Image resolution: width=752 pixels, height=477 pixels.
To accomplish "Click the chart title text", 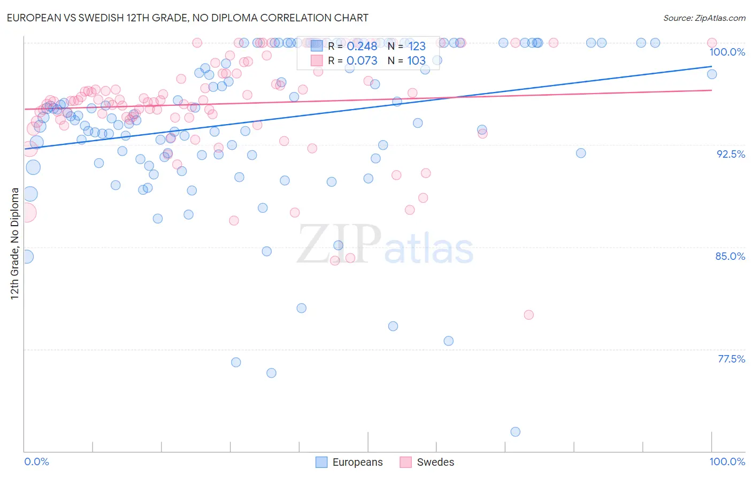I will tap(187, 18).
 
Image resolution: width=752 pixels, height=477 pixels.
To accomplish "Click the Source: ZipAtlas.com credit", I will tap(704, 18).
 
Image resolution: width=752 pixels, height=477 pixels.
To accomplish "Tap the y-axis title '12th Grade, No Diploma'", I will tap(14, 243).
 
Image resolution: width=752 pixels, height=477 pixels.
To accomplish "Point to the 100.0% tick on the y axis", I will tap(727, 52).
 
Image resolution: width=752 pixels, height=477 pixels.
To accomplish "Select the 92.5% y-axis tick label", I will tap(731, 154).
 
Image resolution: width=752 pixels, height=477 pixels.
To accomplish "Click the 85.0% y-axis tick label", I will tap(730, 256).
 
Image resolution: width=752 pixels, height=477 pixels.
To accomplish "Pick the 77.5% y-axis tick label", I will tap(731, 359).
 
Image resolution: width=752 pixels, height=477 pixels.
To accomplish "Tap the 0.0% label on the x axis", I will tap(36, 461).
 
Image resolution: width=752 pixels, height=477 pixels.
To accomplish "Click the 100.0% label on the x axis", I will tap(727, 461).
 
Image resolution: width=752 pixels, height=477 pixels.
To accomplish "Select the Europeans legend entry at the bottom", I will tap(349, 462).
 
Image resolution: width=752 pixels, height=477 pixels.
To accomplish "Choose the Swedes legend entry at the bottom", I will tap(427, 462).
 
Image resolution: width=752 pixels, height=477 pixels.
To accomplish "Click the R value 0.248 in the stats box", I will tap(362, 47).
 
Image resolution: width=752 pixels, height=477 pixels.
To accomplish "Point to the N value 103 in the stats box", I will tap(416, 61).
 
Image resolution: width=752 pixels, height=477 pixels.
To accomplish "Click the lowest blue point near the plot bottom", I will tap(515, 432).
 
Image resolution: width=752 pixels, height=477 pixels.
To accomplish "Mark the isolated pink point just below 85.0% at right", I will tap(528, 314).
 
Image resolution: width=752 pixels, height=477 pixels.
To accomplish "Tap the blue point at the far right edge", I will tap(711, 74).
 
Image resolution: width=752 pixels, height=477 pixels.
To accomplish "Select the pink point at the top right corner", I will tap(711, 43).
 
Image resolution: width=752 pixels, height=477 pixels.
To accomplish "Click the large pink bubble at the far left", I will tap(26, 212).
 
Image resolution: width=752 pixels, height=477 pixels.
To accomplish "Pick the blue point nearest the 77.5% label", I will tap(448, 341).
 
